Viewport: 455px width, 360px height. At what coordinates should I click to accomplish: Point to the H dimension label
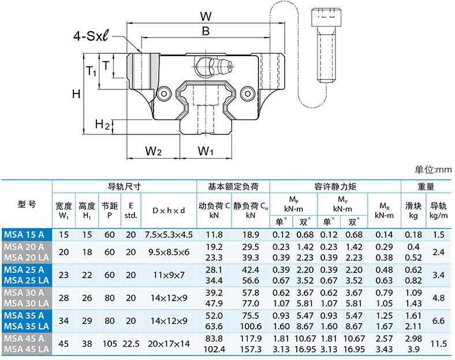tap(76, 93)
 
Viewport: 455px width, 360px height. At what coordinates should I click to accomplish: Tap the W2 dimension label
tap(153, 151)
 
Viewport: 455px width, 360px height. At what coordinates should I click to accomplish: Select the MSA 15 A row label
tap(27, 234)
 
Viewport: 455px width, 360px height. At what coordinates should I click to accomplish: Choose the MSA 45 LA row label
tap(27, 349)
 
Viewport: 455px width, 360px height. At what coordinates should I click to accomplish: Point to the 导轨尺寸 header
tap(125, 187)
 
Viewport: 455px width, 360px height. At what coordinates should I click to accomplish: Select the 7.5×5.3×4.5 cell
tap(169, 234)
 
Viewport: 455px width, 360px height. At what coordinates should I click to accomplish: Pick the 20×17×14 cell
tap(169, 344)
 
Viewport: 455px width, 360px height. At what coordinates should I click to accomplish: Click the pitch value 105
tap(110, 344)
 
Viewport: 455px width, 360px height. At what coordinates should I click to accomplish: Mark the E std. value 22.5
tap(131, 344)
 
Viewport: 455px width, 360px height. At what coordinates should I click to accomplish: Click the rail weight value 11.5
tap(438, 344)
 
